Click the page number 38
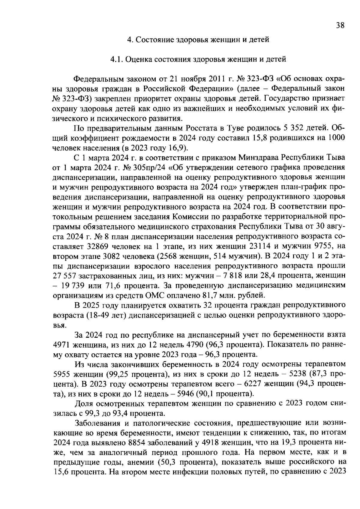[340, 25]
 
